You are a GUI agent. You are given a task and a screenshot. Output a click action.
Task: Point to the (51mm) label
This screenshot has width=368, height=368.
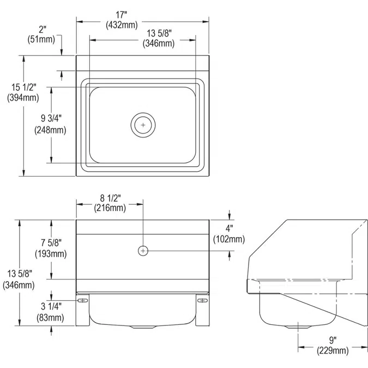pos(41,39)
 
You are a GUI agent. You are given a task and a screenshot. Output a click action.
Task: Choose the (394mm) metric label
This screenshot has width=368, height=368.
pos(23,98)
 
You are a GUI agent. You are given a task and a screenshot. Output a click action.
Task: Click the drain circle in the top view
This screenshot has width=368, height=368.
pos(143,125)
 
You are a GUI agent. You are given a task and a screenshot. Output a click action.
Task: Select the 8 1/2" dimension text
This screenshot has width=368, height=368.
pos(111,198)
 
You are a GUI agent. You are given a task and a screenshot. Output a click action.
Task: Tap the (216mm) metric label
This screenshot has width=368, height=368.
pos(110,208)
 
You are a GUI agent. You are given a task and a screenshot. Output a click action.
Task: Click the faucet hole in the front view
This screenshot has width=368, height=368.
pos(143,250)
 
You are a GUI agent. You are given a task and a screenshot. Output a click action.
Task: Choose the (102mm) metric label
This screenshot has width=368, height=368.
pos(229,239)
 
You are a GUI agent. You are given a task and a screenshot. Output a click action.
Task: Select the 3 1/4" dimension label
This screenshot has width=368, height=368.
pos(50,306)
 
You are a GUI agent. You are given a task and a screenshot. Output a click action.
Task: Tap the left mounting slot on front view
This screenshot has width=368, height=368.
pos(83,301)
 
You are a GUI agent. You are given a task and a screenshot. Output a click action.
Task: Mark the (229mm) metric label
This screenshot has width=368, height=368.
pos(333,351)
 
